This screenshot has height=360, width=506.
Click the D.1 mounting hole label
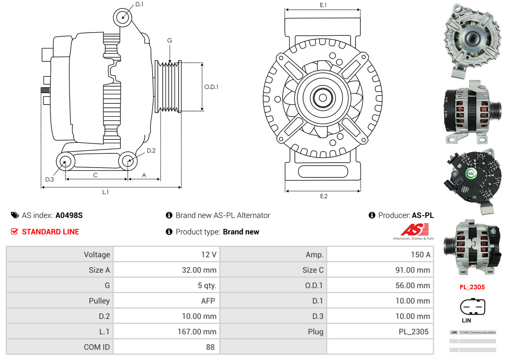point(139,4)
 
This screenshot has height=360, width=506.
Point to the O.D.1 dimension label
point(211,87)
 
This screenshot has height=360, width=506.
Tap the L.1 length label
point(105,192)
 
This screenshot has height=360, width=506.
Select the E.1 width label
point(323,5)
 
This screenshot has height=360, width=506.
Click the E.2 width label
point(323,196)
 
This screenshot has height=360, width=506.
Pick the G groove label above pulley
point(170,40)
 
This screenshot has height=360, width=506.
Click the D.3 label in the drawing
point(50,179)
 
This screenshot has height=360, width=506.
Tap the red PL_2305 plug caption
point(472,287)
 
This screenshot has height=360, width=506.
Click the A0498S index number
point(69,215)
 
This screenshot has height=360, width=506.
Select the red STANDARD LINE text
point(50,232)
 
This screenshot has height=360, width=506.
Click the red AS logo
point(414,230)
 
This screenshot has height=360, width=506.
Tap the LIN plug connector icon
point(472,306)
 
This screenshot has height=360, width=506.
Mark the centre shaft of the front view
point(323,98)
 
